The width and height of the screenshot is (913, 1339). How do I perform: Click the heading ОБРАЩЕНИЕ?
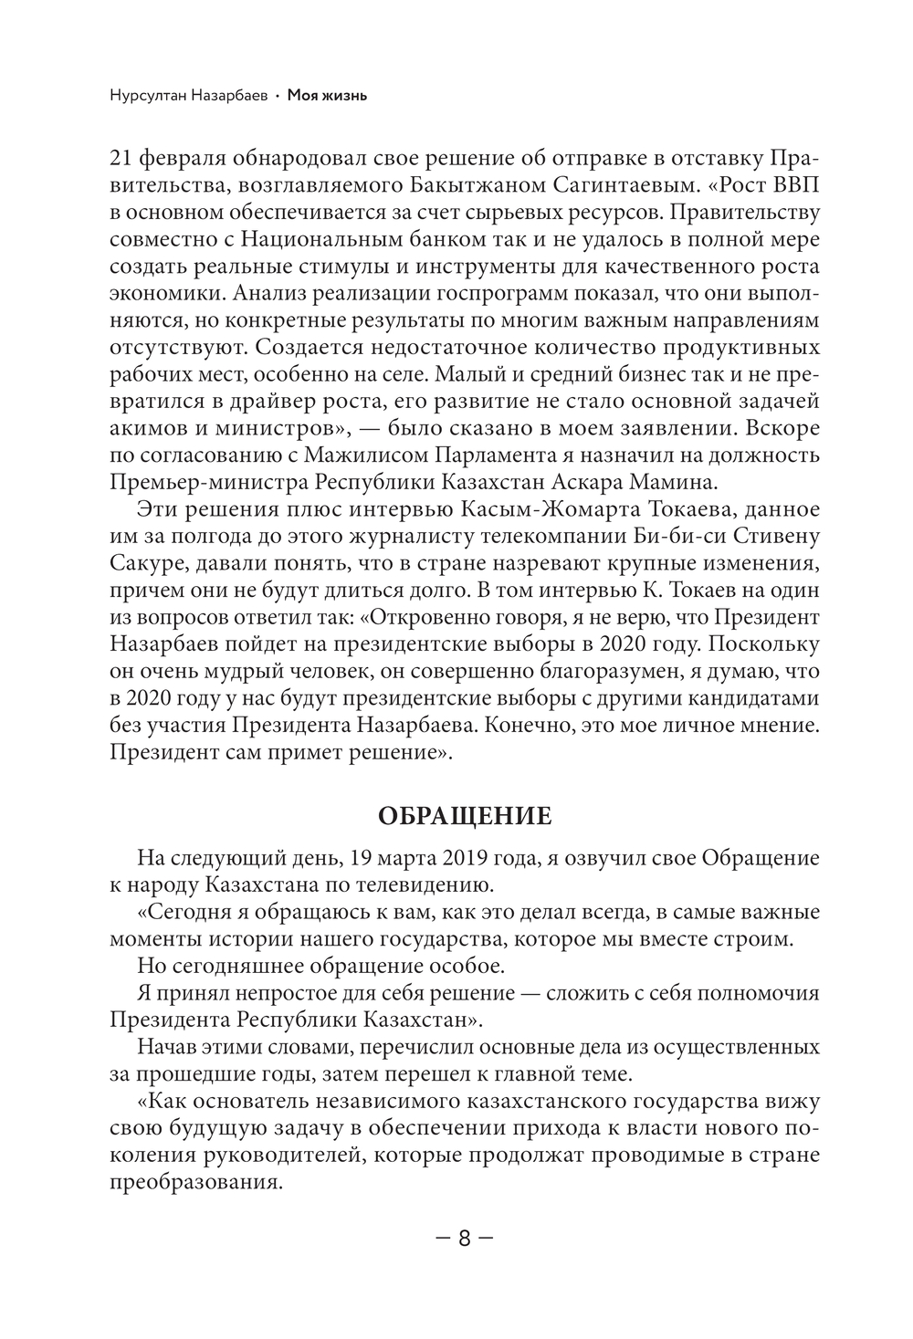(465, 815)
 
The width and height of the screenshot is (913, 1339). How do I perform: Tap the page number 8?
(465, 1239)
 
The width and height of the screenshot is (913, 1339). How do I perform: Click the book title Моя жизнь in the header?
(327, 95)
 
